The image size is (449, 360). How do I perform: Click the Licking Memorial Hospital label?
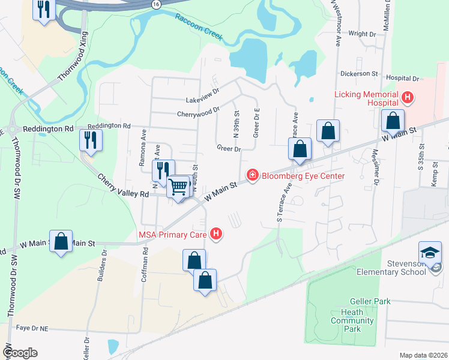click(367, 100)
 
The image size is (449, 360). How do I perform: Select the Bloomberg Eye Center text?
click(303, 176)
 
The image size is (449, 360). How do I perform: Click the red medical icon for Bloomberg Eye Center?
click(253, 175)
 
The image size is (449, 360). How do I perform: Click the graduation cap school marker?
click(430, 253)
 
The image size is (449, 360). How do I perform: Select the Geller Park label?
click(370, 301)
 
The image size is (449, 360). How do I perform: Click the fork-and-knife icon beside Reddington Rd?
click(91, 140)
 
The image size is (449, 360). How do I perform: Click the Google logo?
click(20, 353)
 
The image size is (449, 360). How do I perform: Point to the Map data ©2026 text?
click(423, 355)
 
